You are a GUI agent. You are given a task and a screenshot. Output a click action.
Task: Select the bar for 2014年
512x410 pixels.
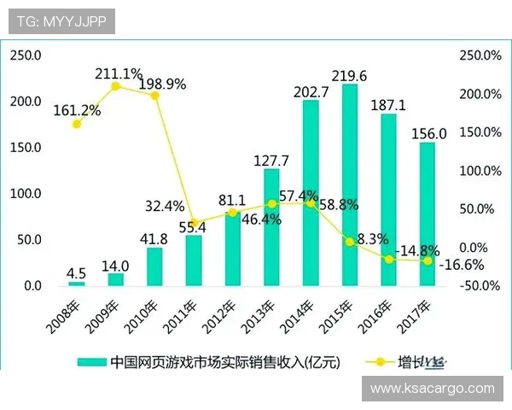click(x=311, y=193)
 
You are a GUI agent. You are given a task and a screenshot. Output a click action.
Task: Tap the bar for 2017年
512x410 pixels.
click(x=428, y=214)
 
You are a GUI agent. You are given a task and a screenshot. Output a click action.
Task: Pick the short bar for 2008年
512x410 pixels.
click(x=77, y=283)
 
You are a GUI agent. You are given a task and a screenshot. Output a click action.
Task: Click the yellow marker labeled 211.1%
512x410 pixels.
click(x=116, y=85)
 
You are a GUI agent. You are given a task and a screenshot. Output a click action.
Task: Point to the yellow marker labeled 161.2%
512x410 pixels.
click(x=77, y=124)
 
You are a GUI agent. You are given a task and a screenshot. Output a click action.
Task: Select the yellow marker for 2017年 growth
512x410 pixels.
click(x=428, y=261)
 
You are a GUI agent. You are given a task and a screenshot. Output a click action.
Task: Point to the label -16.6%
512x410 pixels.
click(x=461, y=265)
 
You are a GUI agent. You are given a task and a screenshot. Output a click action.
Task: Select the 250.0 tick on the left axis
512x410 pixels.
click(x=26, y=56)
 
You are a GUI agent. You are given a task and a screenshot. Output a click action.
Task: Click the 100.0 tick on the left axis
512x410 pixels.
click(x=26, y=194)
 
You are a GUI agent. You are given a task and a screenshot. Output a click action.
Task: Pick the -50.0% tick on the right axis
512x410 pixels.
click(x=480, y=285)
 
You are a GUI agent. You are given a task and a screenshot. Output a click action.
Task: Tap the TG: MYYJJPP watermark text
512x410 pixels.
click(x=61, y=21)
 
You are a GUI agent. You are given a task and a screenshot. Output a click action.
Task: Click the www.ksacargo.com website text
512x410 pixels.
click(x=433, y=388)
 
